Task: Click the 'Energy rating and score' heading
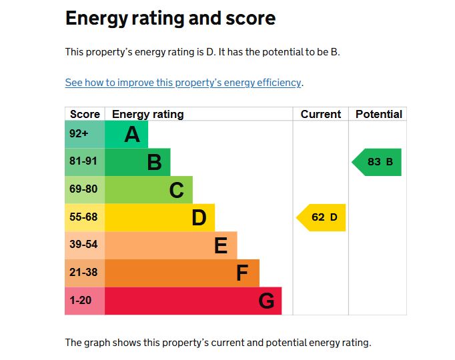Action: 170,19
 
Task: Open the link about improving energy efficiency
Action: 183,83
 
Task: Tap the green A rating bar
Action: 127,135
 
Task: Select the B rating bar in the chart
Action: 137,162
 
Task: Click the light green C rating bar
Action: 149,190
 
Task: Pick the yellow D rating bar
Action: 159,217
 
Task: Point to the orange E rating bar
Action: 171,245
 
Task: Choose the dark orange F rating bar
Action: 181,273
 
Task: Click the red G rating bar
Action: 193,301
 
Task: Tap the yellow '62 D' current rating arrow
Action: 322,217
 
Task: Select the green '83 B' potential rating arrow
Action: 378,162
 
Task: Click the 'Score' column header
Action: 85,114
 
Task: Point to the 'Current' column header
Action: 321,114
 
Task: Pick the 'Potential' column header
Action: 378,114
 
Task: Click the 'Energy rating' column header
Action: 147,114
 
